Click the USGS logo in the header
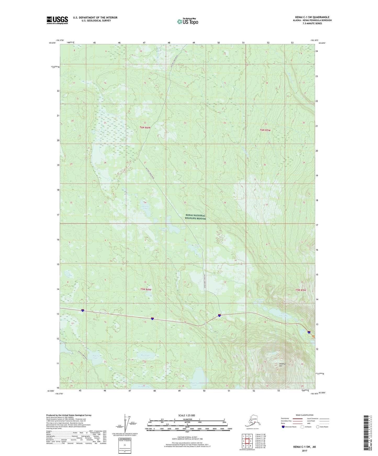[57, 20]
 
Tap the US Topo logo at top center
[187, 21]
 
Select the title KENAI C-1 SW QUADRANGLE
[312, 17]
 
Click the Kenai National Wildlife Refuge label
[195, 217]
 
